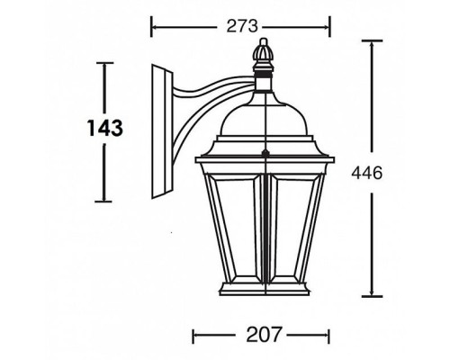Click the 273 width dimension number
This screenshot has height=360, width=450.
point(238,27)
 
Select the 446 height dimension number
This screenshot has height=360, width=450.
point(371,170)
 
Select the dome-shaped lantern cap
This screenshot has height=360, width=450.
point(264,117)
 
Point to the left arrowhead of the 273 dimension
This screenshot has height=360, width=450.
point(153,27)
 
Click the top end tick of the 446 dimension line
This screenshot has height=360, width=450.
point(371,40)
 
